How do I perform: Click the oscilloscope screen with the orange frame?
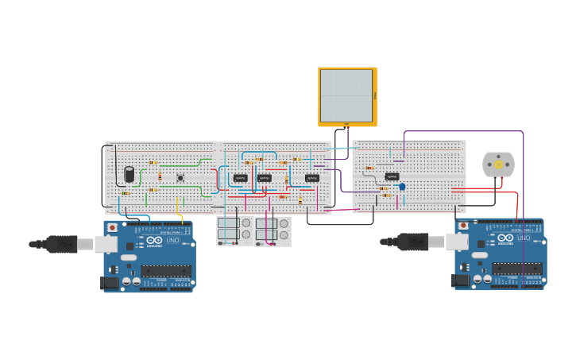coord(346,95)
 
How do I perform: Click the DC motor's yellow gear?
coord(498,165)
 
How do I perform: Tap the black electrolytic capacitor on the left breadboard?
coord(129,174)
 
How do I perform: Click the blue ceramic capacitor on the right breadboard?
coord(402,187)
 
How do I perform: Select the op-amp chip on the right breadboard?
coord(392,176)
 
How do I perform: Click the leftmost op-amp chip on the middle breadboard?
coord(240,178)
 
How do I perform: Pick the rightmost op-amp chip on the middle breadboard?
coord(312,178)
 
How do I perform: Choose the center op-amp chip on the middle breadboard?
coord(265,178)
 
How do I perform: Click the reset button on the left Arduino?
coord(112,227)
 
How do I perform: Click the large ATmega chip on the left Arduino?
coord(166,270)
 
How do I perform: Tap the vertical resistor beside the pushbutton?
coord(160,176)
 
